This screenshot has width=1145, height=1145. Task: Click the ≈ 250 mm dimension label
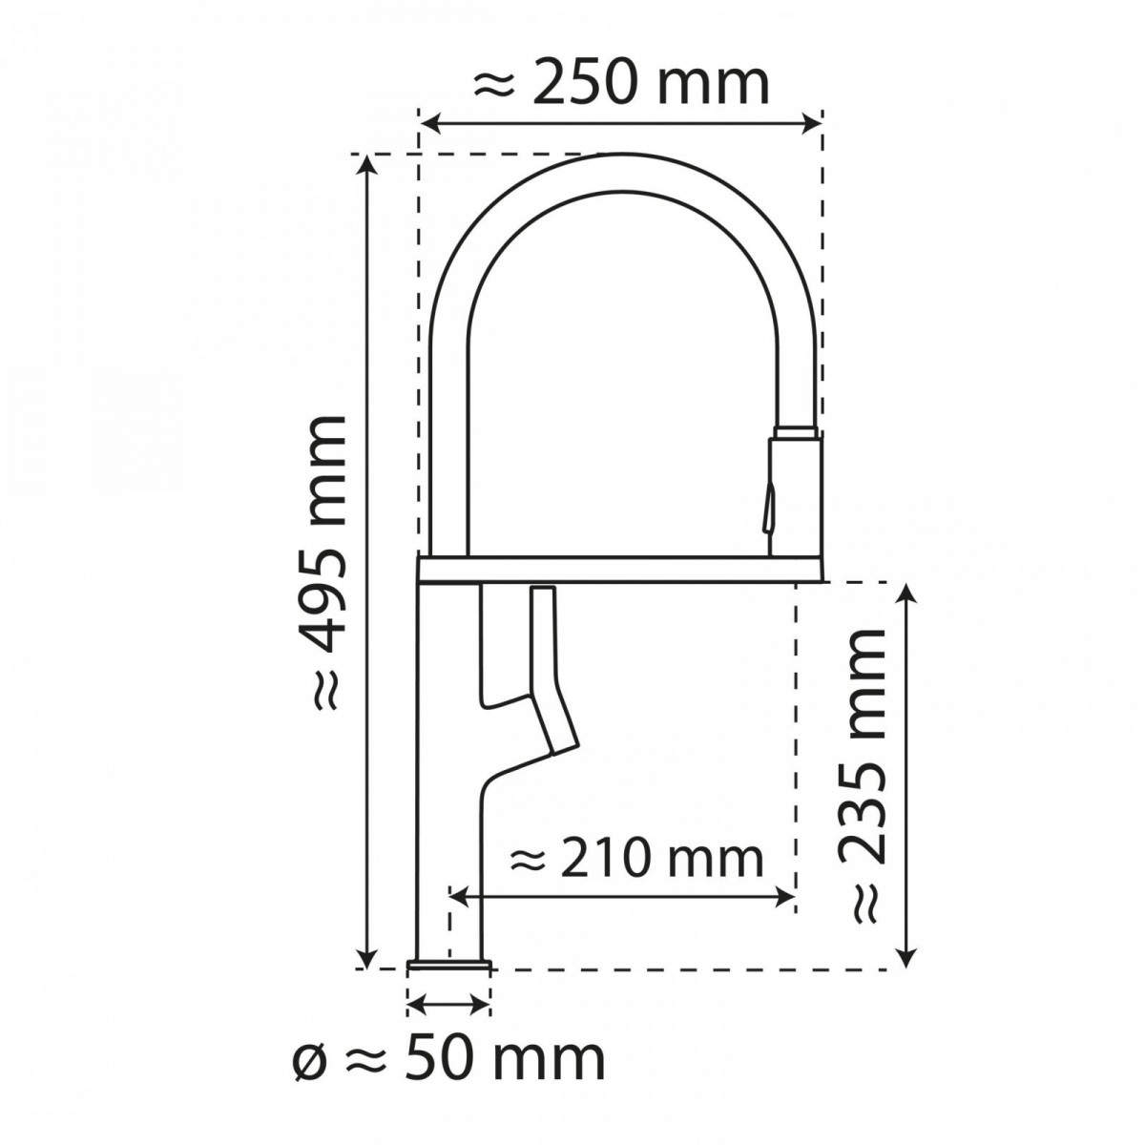621,84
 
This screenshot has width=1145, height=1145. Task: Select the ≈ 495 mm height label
323,564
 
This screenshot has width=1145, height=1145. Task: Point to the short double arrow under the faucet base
448,1002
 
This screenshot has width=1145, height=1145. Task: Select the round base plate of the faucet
448,967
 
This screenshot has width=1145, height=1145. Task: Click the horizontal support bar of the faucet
620,570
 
